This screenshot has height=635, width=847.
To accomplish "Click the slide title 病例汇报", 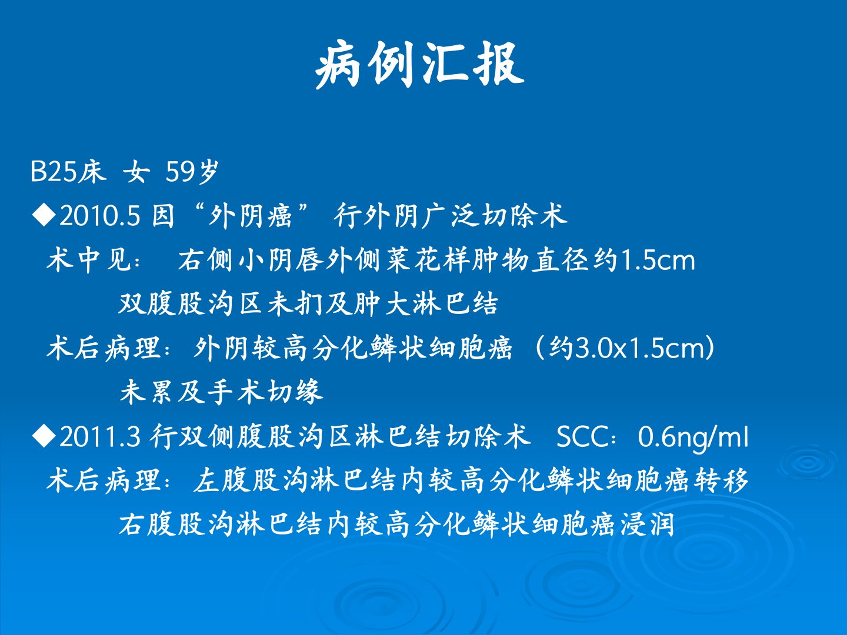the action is [x=419, y=65].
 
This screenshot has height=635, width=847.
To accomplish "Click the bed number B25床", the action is [x=68, y=171].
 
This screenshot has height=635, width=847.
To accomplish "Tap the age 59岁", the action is [x=192, y=172].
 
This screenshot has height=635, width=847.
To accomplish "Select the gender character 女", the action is [x=136, y=172].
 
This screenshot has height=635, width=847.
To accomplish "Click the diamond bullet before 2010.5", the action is [x=44, y=215].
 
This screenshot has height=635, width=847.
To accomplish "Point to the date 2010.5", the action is [x=99, y=215].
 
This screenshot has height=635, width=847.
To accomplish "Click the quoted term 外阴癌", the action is [x=250, y=215].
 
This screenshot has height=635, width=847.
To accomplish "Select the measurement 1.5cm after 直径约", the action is [x=656, y=260].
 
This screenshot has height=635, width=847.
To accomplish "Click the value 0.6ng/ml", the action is [x=693, y=437].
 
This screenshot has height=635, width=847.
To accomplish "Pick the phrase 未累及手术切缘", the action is [x=221, y=392].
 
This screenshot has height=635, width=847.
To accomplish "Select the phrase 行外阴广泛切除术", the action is [x=451, y=215].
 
